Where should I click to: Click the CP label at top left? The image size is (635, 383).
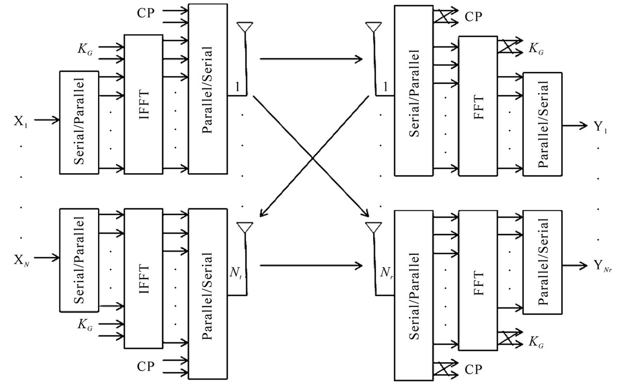click(x=146, y=13)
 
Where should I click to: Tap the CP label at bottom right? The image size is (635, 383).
click(x=474, y=370)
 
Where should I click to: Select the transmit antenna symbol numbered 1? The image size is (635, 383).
click(x=244, y=27)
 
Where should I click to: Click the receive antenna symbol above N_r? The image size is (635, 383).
click(x=373, y=227)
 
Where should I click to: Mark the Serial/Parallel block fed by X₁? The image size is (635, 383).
click(x=79, y=122)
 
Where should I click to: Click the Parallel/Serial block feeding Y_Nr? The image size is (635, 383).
click(x=542, y=262)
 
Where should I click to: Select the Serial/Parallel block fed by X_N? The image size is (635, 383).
click(x=79, y=260)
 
